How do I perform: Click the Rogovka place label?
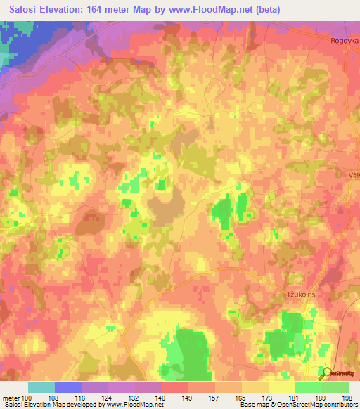click(343, 41)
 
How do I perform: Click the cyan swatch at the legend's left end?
click(41, 387)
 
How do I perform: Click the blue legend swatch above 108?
click(68, 387)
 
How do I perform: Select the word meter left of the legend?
click(10, 398)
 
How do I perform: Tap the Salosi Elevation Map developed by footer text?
click(53, 405)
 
